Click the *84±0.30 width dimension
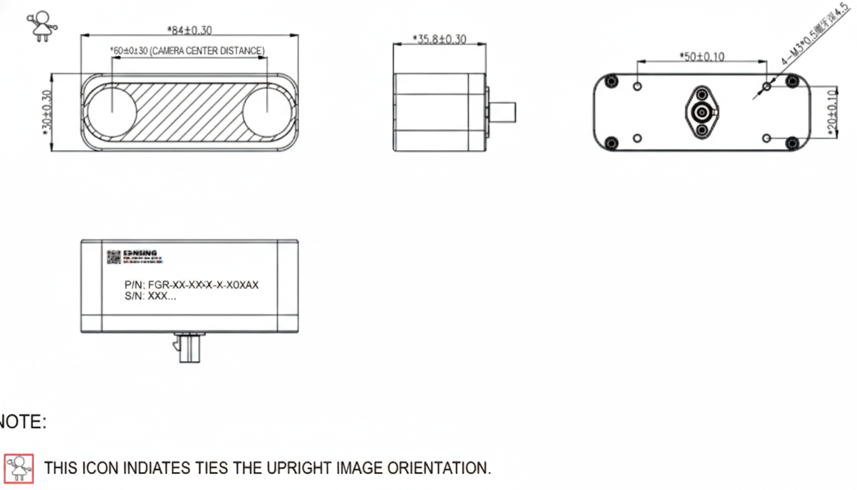pyautogui.click(x=189, y=29)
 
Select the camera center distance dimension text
pyautogui.click(x=187, y=50)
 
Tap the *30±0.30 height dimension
pyautogui.click(x=46, y=112)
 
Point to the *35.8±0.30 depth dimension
pyautogui.click(x=439, y=39)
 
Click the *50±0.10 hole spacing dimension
pyautogui.click(x=701, y=57)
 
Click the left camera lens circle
pyautogui.click(x=111, y=112)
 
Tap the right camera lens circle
pyautogui.click(x=267, y=112)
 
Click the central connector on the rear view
pyautogui.click(x=701, y=112)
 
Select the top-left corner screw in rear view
pyautogui.click(x=612, y=81)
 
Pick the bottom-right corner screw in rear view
pyautogui.click(x=792, y=143)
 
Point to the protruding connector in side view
pyautogui.click(x=502, y=112)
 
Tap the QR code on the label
pyautogui.click(x=114, y=257)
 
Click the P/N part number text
pyautogui.click(x=191, y=285)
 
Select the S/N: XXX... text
pyautogui.click(x=150, y=296)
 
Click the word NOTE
pyautogui.click(x=23, y=422)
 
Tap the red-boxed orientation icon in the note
pyautogui.click(x=19, y=468)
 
